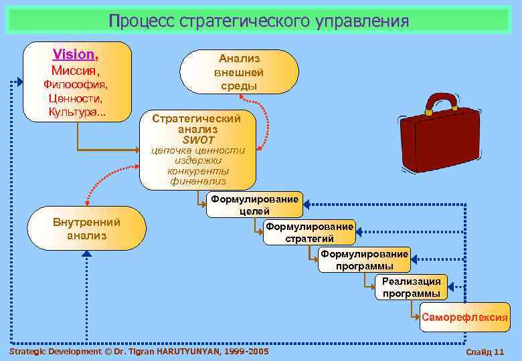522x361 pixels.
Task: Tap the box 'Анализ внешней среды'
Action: [239, 72]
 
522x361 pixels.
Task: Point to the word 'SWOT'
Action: [198, 140]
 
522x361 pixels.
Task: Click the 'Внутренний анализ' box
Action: [86, 229]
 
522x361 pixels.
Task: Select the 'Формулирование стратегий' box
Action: [309, 233]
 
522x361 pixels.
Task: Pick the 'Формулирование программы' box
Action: [364, 260]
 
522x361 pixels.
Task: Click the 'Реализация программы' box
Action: [411, 287]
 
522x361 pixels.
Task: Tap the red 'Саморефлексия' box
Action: [464, 317]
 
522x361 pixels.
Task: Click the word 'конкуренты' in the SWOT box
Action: [198, 170]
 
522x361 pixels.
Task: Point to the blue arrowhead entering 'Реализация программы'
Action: [450, 287]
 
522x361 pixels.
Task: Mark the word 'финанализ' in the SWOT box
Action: [198, 180]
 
